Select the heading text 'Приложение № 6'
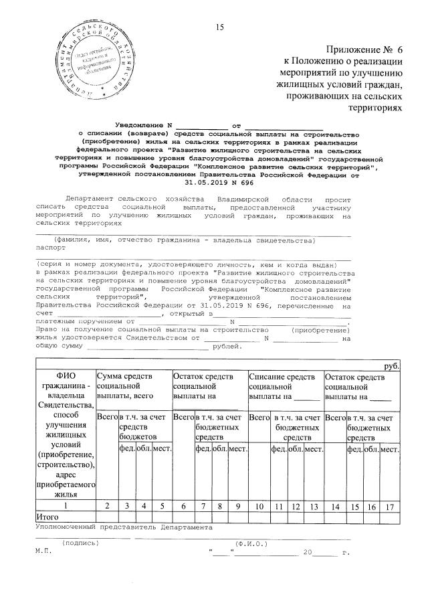(x=364, y=50)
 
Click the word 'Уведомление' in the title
(x=140, y=125)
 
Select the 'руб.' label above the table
(x=391, y=367)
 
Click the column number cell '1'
(x=66, y=506)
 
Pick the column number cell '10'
(x=257, y=506)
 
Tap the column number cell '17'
(x=390, y=506)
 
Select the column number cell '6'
(x=183, y=506)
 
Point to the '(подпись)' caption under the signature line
(x=79, y=543)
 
